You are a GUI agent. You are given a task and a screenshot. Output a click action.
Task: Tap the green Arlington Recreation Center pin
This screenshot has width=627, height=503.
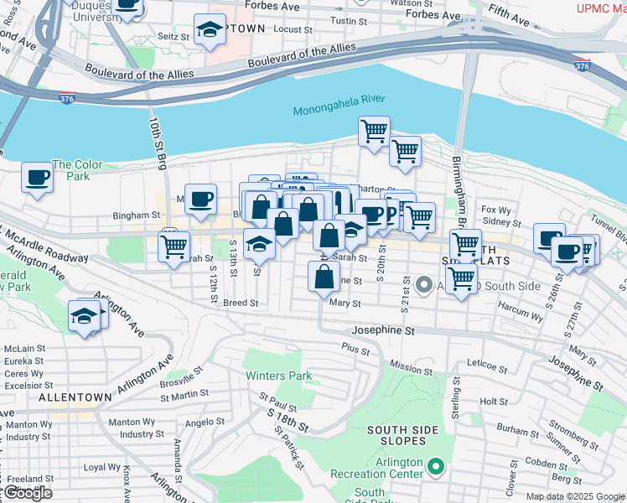coord(435,466)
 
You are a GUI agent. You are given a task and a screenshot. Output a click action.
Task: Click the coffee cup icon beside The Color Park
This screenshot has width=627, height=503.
coord(37,177)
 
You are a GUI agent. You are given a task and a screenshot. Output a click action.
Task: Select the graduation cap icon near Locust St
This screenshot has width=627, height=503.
coord(209,30)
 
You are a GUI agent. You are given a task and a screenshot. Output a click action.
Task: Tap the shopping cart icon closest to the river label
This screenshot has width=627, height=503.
coord(373,131)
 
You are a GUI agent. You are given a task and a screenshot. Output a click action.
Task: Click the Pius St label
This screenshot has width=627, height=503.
coord(355,346)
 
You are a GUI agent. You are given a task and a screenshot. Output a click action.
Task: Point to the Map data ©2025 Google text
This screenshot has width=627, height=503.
coord(575,496)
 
